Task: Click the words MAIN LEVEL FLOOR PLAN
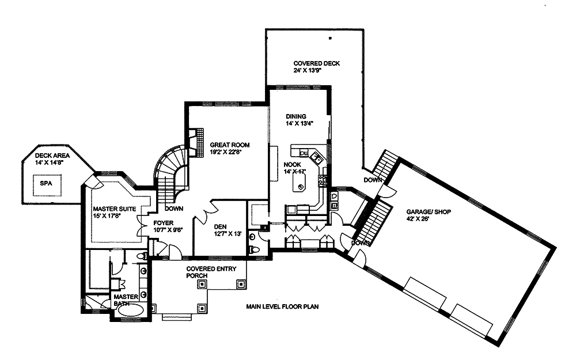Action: click(282, 306)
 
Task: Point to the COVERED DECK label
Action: click(316, 63)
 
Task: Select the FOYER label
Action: click(163, 222)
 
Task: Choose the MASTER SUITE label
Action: click(114, 209)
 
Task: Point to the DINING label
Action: click(295, 116)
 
